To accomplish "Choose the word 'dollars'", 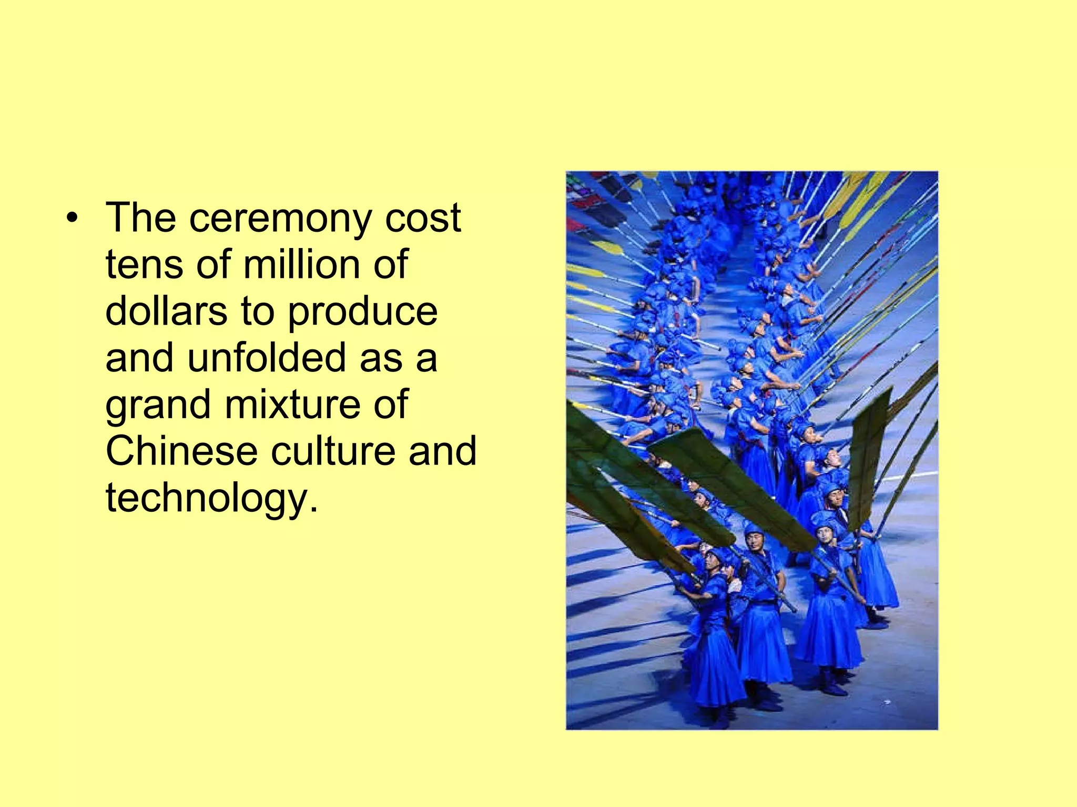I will point(166,311).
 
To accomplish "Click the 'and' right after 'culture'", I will point(442,451).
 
